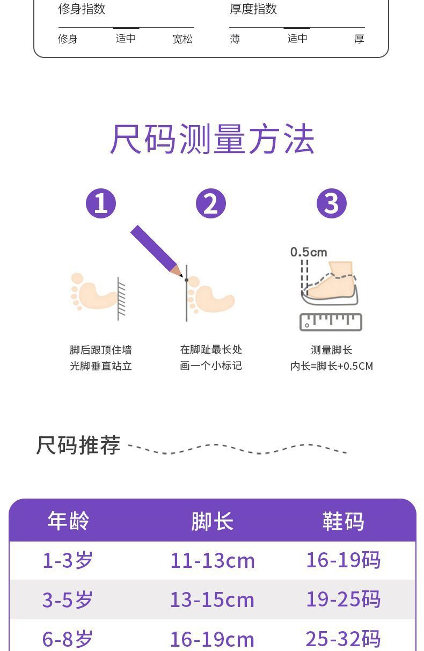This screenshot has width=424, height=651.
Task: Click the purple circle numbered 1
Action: [x=101, y=203]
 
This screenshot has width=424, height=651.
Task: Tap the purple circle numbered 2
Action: [x=211, y=203]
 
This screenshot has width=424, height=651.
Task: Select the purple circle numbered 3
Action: [x=332, y=203]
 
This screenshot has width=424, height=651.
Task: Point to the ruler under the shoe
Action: [x=331, y=321]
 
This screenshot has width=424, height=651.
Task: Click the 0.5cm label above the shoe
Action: [x=309, y=252]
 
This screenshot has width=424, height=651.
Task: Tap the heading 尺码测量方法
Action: [x=212, y=140]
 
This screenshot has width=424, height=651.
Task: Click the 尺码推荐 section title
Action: [x=78, y=445]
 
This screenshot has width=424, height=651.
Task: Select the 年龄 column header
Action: [x=68, y=521]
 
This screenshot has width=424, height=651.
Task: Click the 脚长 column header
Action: [x=212, y=521]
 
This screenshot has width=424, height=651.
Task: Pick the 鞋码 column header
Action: [x=343, y=521]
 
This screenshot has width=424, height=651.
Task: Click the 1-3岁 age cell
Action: [x=68, y=560]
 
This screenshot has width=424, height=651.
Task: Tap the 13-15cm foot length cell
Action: [x=212, y=599]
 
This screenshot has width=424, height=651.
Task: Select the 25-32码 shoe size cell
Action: [x=343, y=639]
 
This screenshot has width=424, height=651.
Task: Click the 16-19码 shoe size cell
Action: [x=343, y=560]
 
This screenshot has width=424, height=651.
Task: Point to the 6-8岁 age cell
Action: [x=68, y=639]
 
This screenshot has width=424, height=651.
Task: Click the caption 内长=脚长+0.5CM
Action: [x=331, y=366]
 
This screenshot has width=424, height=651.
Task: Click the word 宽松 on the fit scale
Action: [x=182, y=39]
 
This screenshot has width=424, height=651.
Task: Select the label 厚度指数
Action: [x=253, y=9]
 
